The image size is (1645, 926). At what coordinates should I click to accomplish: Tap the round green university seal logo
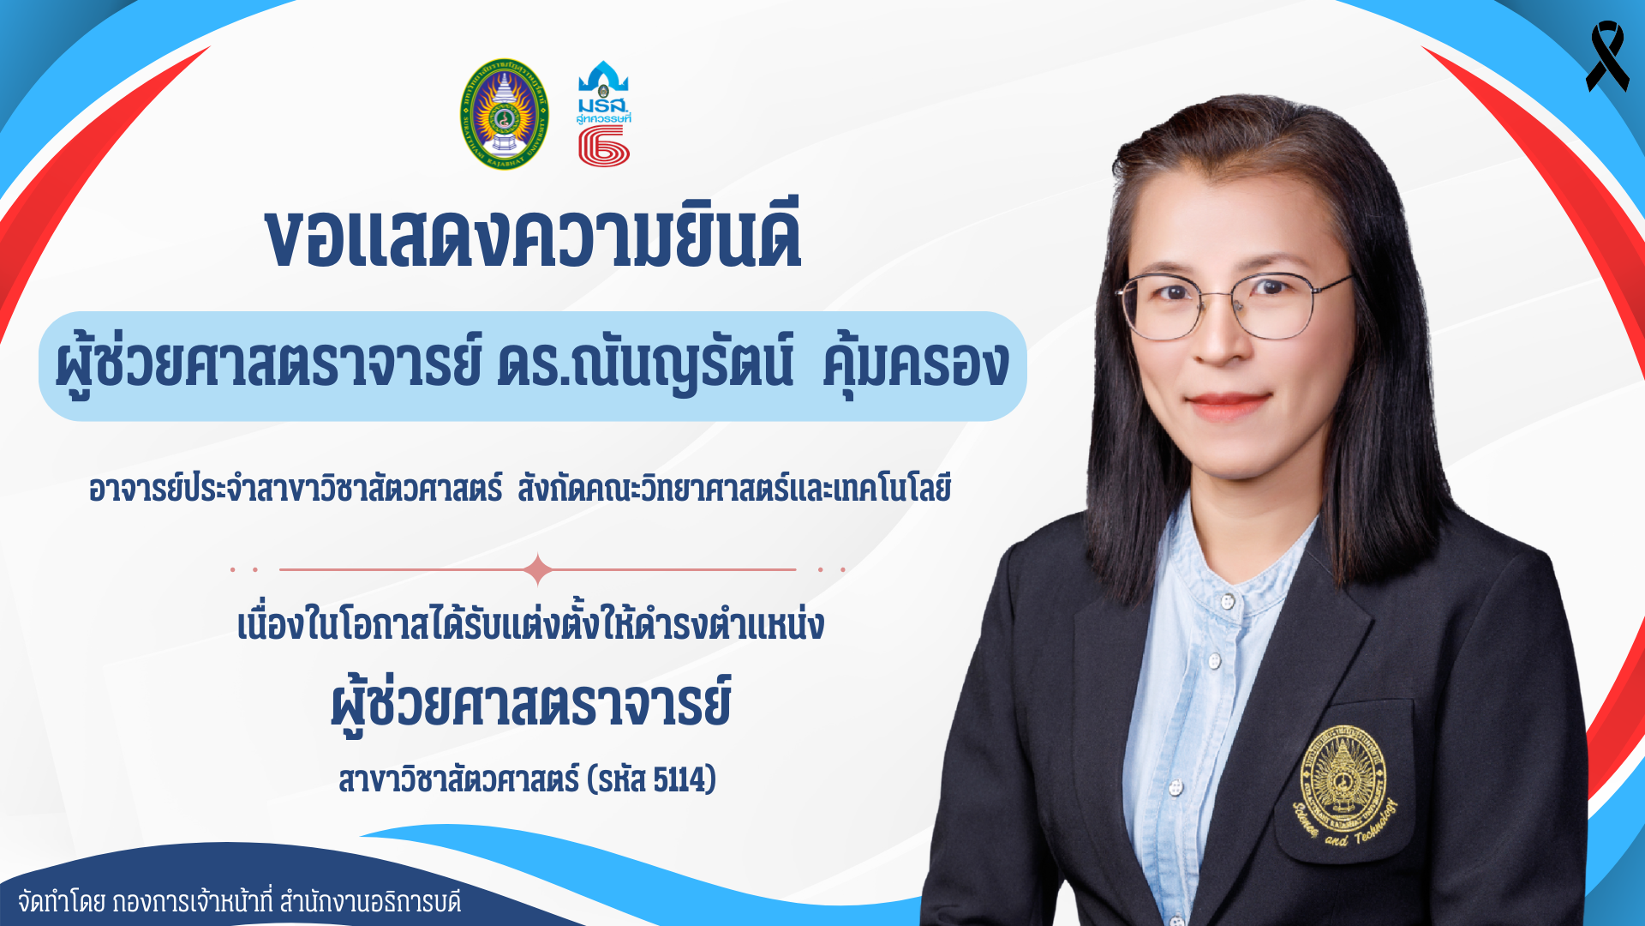505,114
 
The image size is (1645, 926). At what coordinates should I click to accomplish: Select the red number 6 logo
604,146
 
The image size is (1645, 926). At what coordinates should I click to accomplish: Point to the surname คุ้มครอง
916,365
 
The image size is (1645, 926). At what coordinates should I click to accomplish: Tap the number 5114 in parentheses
681,780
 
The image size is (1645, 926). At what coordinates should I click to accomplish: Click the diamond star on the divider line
538,569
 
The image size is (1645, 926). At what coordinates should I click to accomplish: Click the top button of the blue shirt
1227,600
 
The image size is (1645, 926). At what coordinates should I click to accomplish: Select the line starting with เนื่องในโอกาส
530,623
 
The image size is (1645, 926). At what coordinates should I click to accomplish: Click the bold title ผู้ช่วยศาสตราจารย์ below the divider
531,704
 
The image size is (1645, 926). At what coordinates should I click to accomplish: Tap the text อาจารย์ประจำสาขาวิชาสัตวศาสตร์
296,489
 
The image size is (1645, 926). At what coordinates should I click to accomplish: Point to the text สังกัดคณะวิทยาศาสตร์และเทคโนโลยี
734,489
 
